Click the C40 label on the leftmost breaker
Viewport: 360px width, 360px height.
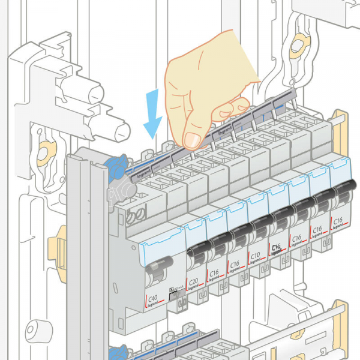[154, 298]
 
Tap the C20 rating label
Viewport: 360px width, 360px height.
[193, 281]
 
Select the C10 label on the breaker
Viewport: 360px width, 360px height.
[254, 256]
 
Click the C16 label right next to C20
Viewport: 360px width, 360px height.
[214, 273]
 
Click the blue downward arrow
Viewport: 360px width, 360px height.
[154, 112]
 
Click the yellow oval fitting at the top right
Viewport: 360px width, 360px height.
[297, 46]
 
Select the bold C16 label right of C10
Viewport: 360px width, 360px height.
[275, 247]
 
